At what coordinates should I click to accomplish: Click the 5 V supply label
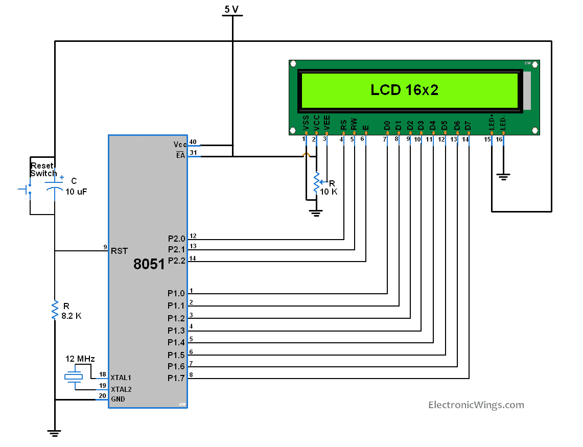coord(231,9)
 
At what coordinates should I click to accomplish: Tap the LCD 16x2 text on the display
coord(405,90)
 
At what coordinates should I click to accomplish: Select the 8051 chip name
coord(149,264)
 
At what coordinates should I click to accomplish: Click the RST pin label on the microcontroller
coord(119,251)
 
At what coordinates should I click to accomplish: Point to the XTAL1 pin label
coord(121,378)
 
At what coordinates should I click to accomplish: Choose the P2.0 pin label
coord(176,239)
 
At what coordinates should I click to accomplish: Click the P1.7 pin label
coord(176,378)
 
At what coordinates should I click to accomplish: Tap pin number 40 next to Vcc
coord(193,142)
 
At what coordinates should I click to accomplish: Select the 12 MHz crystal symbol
coord(74,377)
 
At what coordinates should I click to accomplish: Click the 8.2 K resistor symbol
coord(55,310)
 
